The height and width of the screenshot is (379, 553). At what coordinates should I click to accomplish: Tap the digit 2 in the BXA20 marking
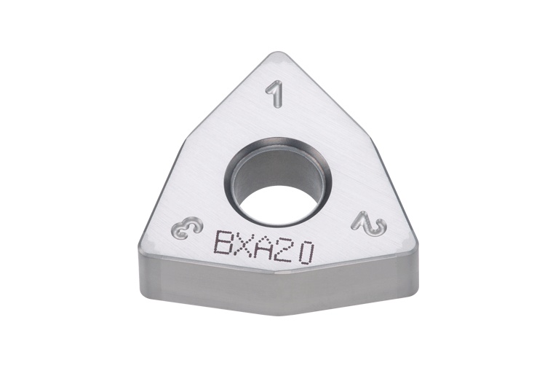click(x=286, y=250)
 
